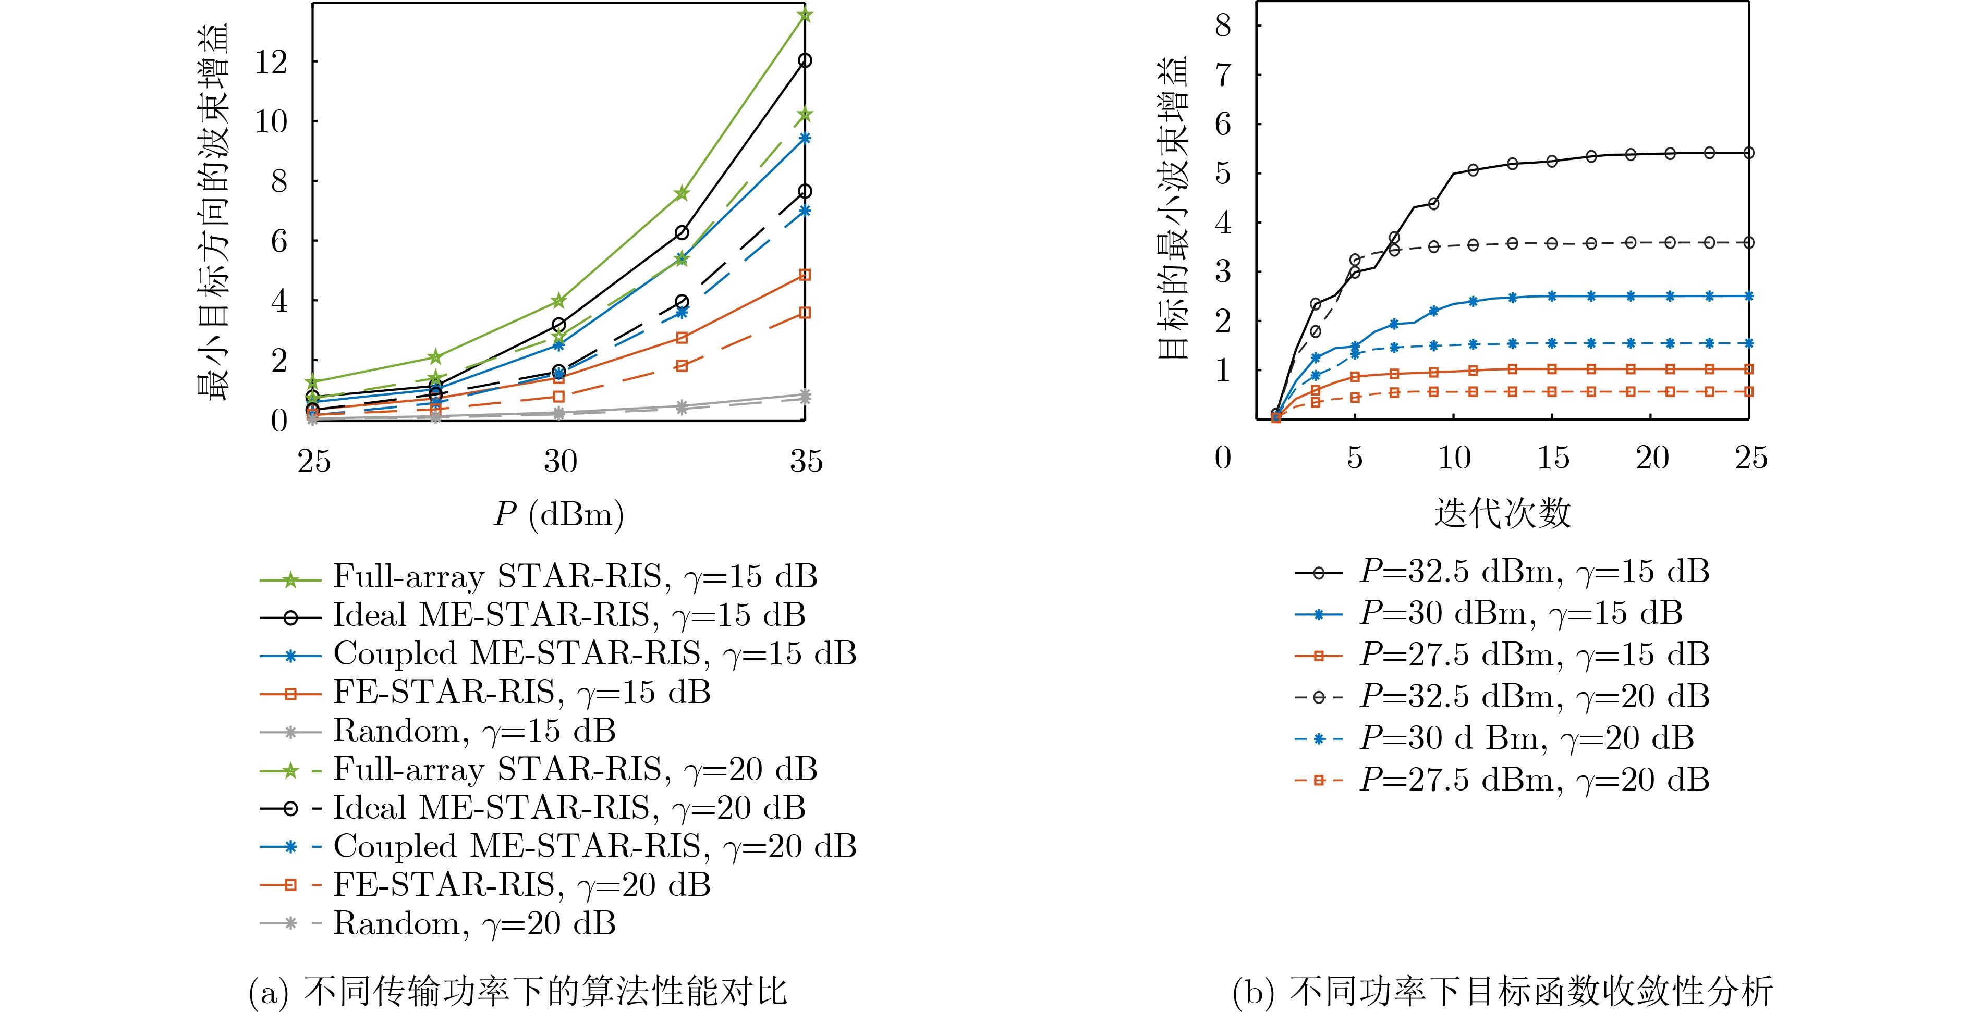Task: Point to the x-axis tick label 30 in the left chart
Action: tap(560, 461)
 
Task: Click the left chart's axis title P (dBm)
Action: tap(558, 514)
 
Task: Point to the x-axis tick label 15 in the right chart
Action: tap(1553, 458)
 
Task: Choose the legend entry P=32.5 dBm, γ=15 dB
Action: tap(1534, 572)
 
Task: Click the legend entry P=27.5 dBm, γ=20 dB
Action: tap(1534, 780)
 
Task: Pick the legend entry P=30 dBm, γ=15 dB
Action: tap(1521, 613)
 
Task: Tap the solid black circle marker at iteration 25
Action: tap(1748, 153)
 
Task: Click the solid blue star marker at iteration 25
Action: tap(1748, 296)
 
